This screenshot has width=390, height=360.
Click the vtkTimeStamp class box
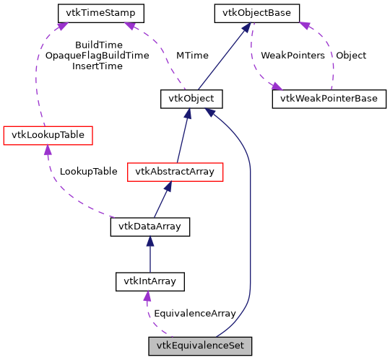[100, 12]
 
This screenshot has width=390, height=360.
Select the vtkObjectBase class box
[256, 12]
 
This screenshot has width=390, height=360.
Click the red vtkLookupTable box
[48, 135]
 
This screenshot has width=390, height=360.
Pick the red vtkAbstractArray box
[175, 172]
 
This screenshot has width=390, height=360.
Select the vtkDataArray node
[149, 227]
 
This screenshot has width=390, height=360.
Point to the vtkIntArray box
[149, 281]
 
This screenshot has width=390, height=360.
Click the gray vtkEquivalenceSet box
[200, 346]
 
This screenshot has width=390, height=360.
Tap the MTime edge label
[193, 56]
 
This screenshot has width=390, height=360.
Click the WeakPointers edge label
[292, 56]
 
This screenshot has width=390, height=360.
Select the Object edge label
[351, 56]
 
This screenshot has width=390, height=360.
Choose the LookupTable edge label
[88, 172]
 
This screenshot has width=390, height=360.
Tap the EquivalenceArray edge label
[195, 314]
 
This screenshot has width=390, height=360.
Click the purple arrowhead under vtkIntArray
[147, 297]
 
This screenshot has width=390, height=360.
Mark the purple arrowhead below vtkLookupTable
[48, 149]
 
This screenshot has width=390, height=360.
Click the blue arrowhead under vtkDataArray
[149, 242]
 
